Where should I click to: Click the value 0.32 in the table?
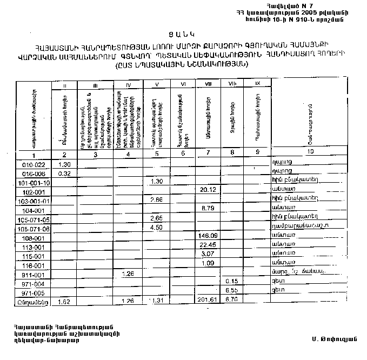tap(64, 173)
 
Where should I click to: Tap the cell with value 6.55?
tap(231, 290)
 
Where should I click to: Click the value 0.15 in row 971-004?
tap(232, 281)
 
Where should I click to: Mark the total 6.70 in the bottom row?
tap(231, 300)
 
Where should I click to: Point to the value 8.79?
tap(208, 209)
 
